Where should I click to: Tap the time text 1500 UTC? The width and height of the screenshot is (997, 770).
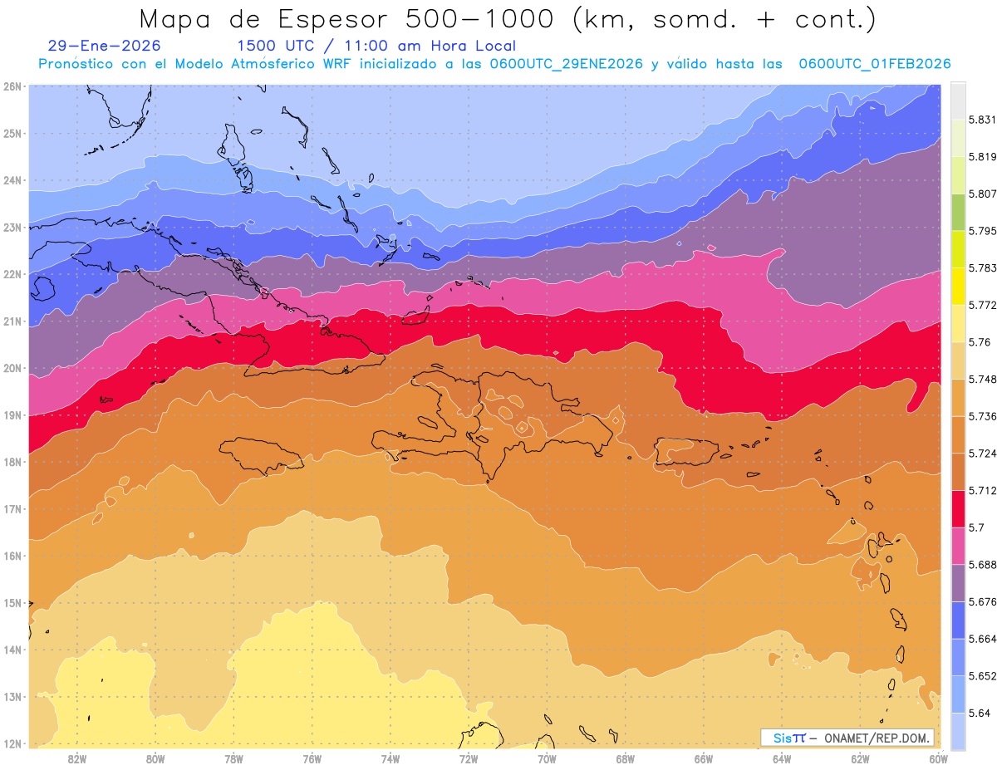[x=276, y=46]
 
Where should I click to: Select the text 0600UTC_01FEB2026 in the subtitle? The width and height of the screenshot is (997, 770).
[x=874, y=64]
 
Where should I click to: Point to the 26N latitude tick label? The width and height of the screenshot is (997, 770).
[x=12, y=86]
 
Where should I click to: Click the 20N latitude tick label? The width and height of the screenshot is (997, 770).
[x=12, y=368]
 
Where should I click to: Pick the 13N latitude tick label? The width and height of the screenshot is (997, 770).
[x=12, y=696]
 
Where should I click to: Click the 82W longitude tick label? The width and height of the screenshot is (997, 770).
[x=77, y=758]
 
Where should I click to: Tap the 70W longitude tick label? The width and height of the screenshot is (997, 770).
[x=547, y=758]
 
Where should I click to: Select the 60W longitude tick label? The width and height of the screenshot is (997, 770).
[x=938, y=758]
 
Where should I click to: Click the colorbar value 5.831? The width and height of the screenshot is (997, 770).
[x=982, y=120]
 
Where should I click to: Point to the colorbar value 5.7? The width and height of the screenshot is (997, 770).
[x=975, y=527]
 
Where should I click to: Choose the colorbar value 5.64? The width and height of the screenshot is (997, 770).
[x=979, y=713]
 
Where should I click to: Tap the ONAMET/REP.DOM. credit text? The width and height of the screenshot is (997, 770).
[x=877, y=738]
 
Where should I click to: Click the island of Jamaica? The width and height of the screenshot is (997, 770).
[x=262, y=454]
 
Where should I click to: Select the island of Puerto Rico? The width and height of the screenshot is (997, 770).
[x=686, y=451]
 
